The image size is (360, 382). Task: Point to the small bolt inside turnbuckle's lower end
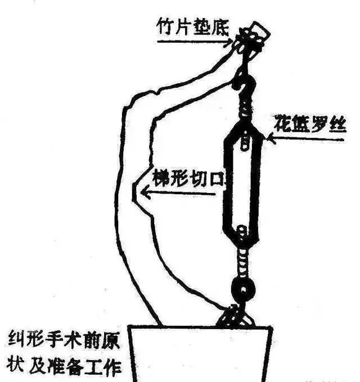242,232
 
